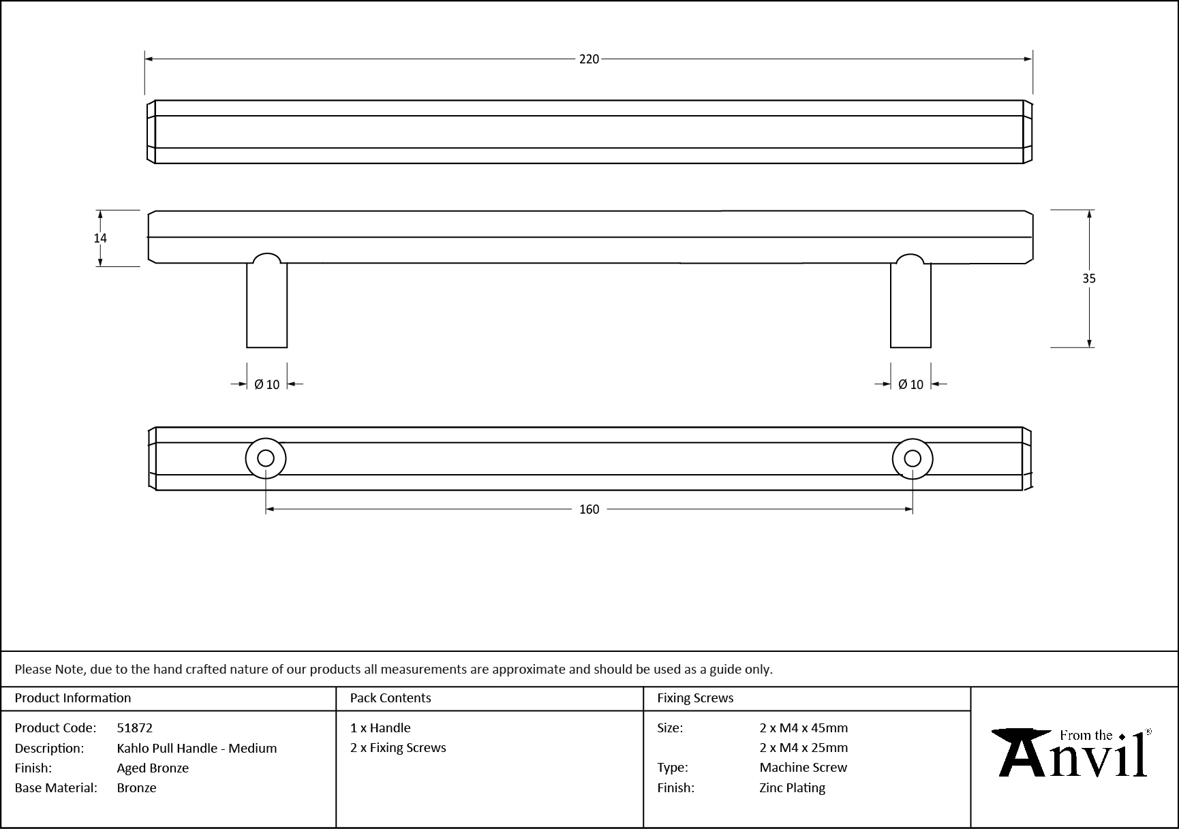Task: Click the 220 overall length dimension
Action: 589,59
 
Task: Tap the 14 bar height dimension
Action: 100,238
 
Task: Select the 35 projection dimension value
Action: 1088,278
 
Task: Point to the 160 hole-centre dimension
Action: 589,510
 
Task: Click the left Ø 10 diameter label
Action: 266,385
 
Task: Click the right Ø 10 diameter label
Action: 910,385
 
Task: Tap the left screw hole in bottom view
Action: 266,458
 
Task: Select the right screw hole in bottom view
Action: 913,458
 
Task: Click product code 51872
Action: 134,728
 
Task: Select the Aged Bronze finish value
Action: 153,768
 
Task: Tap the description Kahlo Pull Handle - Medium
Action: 196,748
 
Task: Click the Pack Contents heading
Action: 391,698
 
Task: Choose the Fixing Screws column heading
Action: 695,698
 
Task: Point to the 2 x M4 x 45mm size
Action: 803,728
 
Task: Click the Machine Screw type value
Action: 803,767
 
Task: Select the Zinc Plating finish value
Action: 792,787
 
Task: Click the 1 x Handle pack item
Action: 380,728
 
